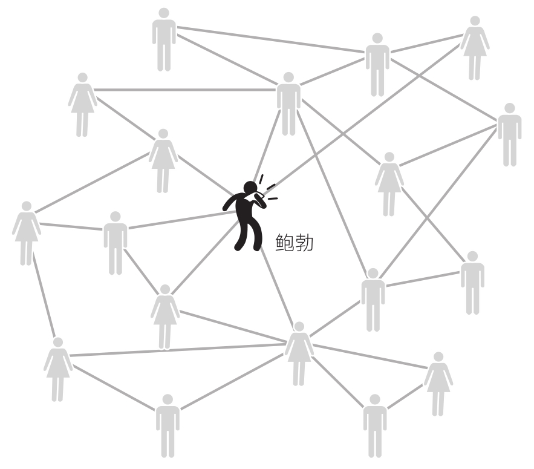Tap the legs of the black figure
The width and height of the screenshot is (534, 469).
pyautogui.click(x=249, y=233)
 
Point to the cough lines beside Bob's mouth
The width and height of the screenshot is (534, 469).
pyautogui.click(x=267, y=188)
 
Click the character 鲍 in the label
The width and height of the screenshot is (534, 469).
pyautogui.click(x=284, y=243)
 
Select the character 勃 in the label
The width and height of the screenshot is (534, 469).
pyautogui.click(x=304, y=243)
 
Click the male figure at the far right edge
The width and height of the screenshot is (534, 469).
pyautogui.click(x=509, y=134)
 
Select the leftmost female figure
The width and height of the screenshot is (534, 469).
pyautogui.click(x=26, y=232)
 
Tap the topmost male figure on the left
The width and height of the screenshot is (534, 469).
pyautogui.click(x=164, y=39)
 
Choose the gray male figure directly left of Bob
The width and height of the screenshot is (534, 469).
pyautogui.click(x=115, y=242)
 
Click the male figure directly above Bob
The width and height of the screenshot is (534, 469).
pyautogui.click(x=288, y=103)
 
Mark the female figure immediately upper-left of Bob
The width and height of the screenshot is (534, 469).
pyautogui.click(x=163, y=160)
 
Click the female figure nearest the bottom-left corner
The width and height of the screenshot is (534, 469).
pyautogui.click(x=58, y=369)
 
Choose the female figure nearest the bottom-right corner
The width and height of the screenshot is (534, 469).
pyautogui.click(x=438, y=383)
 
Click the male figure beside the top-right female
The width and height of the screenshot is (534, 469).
pyautogui.click(x=377, y=64)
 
